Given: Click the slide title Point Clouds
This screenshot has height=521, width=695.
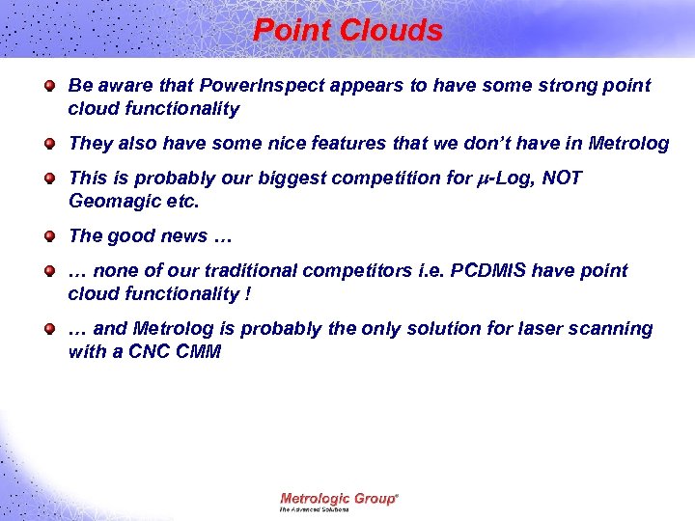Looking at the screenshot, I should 347,30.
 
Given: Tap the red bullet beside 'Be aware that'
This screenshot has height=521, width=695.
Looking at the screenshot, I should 48,87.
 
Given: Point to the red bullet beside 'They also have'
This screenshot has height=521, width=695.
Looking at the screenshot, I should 48,145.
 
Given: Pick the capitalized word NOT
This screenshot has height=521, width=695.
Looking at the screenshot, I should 566,178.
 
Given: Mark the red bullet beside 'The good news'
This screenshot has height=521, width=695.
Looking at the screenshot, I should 48,237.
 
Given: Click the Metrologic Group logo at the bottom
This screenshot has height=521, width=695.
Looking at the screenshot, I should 338,501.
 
